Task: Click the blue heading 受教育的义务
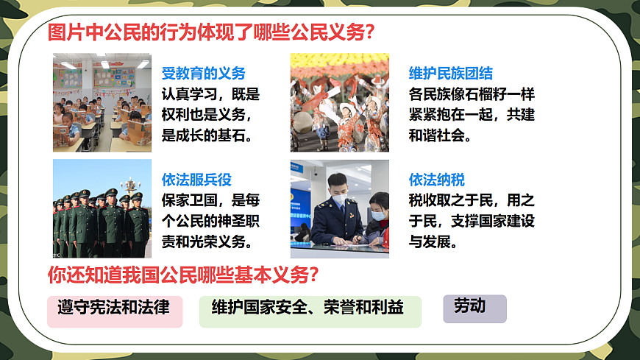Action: [x=203, y=74]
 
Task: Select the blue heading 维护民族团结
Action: [x=450, y=74]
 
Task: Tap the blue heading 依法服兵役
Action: [x=196, y=180]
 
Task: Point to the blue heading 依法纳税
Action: [x=437, y=180]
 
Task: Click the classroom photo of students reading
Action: [x=102, y=102]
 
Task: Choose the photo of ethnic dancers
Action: [x=339, y=102]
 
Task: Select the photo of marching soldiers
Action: [x=102, y=209]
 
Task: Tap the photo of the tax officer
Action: [x=339, y=209]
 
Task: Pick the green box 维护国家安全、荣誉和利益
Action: [x=310, y=310]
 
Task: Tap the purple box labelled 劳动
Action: [x=474, y=308]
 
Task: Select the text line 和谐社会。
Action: [x=440, y=135]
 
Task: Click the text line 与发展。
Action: [x=433, y=241]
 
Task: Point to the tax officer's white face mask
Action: [x=338, y=200]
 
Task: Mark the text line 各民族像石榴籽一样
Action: [x=471, y=94]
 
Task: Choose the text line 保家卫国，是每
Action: [x=210, y=200]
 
